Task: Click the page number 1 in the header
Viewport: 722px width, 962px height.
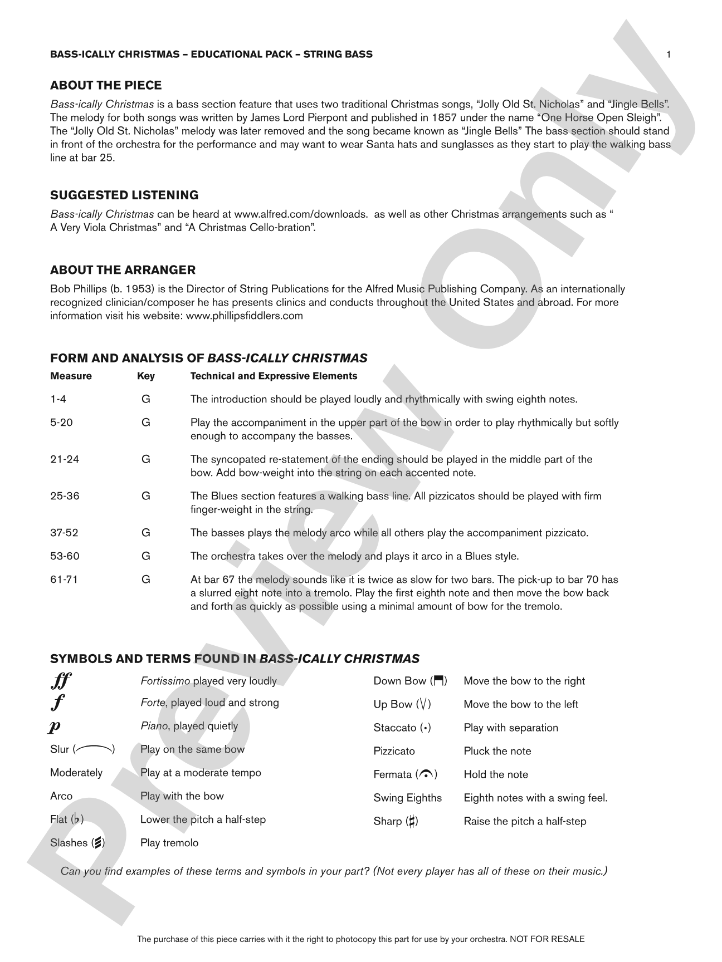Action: (669, 54)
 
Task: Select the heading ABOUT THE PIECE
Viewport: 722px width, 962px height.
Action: (106, 85)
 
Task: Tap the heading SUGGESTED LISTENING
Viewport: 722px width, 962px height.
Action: (124, 195)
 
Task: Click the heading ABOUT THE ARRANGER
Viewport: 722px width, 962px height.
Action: (123, 270)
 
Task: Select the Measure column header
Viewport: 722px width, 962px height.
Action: (71, 376)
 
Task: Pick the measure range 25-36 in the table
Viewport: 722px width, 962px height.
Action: (65, 496)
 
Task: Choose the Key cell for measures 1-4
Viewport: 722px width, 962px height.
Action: (146, 399)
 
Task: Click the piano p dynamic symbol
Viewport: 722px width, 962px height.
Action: (55, 727)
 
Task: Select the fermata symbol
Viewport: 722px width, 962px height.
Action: (426, 774)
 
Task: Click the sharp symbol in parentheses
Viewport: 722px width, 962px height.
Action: (411, 821)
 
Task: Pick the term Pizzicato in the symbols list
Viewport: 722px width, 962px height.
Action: (394, 751)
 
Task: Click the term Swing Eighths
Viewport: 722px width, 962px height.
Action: (407, 798)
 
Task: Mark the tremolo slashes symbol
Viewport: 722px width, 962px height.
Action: (97, 843)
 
